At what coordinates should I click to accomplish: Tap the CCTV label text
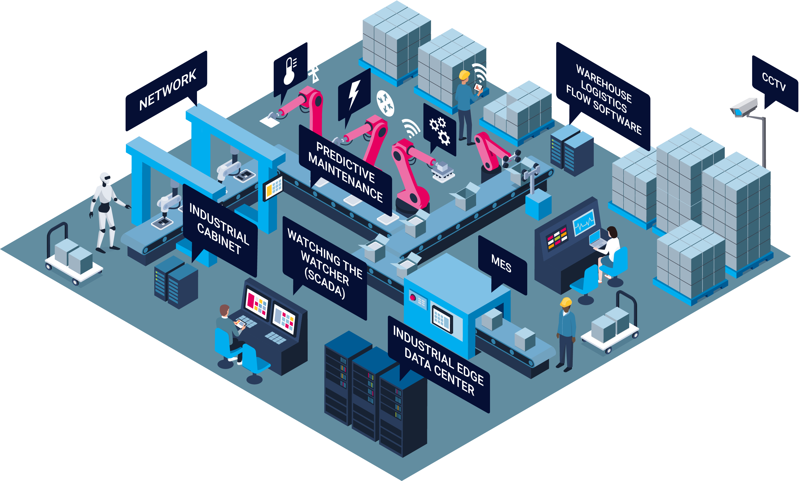774,82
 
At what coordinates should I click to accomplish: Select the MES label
501,263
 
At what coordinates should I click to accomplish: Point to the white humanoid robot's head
105,178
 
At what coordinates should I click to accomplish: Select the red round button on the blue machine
413,297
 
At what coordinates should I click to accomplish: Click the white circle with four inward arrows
385,103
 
